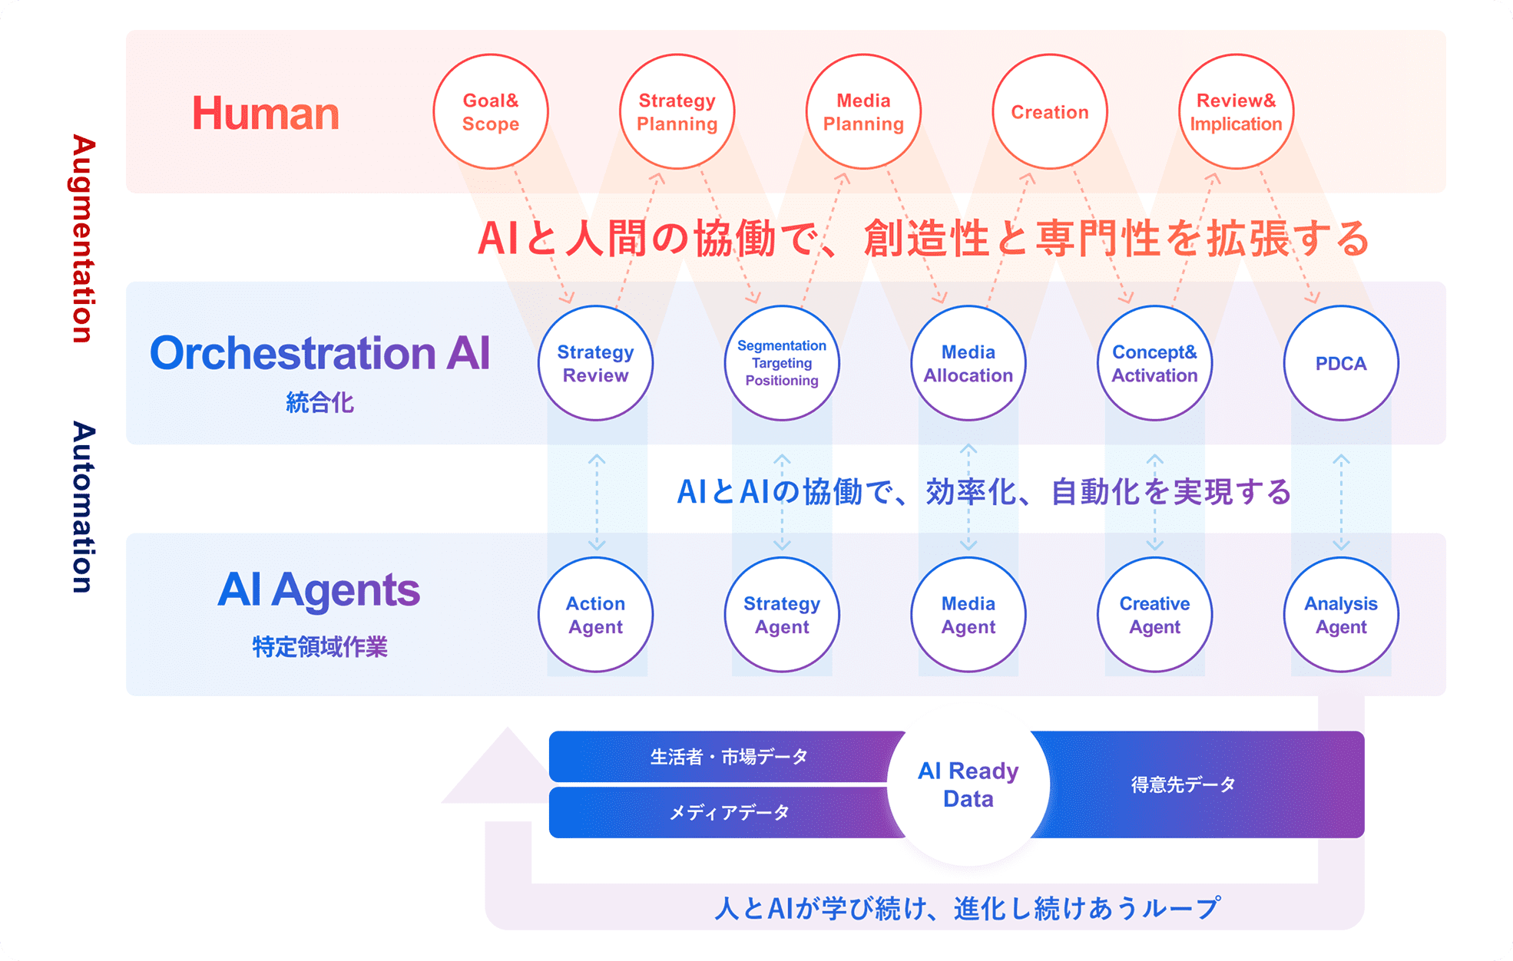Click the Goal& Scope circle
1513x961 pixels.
[x=491, y=112]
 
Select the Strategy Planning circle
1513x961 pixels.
[x=677, y=112]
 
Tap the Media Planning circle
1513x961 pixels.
[x=863, y=112]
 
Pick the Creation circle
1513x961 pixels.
[x=1050, y=112]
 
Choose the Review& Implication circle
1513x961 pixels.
[x=1236, y=112]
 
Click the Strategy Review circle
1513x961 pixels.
[x=595, y=363]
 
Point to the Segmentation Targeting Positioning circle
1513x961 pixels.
[x=782, y=363]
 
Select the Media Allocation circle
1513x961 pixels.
[x=968, y=363]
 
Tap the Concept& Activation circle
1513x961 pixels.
[x=1154, y=363]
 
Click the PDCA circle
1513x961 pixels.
[x=1341, y=363]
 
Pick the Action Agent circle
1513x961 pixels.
[x=595, y=615]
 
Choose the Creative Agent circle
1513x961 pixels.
[x=1154, y=615]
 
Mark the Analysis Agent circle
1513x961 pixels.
[x=1341, y=615]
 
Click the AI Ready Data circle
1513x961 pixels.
[x=968, y=784]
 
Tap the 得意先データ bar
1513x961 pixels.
[x=1198, y=784]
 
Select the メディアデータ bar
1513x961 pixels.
[x=722, y=812]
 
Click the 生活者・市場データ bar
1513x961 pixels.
[x=722, y=757]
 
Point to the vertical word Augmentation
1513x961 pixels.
[x=84, y=239]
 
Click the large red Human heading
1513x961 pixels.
[x=265, y=113]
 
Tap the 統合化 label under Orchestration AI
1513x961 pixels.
[x=319, y=402]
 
